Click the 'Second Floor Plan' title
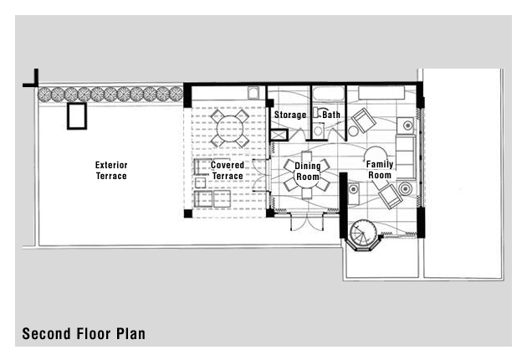click(84, 334)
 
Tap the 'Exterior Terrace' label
click(111, 171)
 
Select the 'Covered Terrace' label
click(228, 171)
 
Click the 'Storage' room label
click(290, 115)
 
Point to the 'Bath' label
click(331, 115)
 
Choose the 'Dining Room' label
click(308, 172)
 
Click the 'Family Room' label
click(380, 170)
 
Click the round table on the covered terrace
click(230, 128)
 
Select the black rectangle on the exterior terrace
click(77, 116)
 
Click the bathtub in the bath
click(329, 93)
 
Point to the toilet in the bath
click(318, 130)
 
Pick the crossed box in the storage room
click(279, 135)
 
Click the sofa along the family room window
click(406, 157)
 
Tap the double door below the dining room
click(307, 221)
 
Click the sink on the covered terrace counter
click(253, 93)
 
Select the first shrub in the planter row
click(44, 94)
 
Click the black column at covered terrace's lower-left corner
click(188, 213)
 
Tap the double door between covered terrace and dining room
click(262, 175)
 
